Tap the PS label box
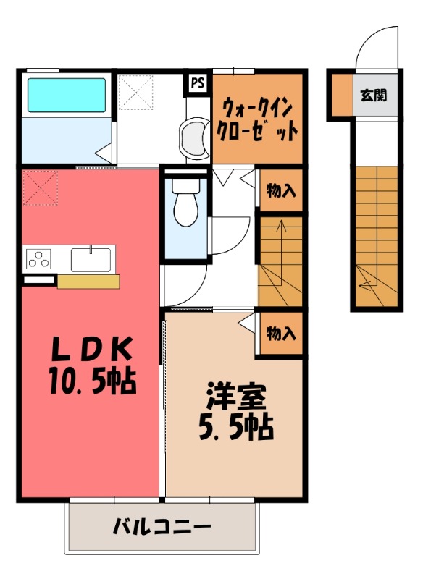pyautogui.click(x=197, y=83)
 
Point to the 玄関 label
pyautogui.click(x=374, y=95)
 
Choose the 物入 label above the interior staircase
pyautogui.click(x=281, y=191)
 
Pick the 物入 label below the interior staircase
pyautogui.click(x=281, y=334)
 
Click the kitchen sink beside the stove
pyautogui.click(x=91, y=258)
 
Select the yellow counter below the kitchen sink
pyautogui.click(x=88, y=281)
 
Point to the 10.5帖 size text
pyautogui.click(x=93, y=380)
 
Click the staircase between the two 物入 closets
pyautogui.click(x=281, y=261)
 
